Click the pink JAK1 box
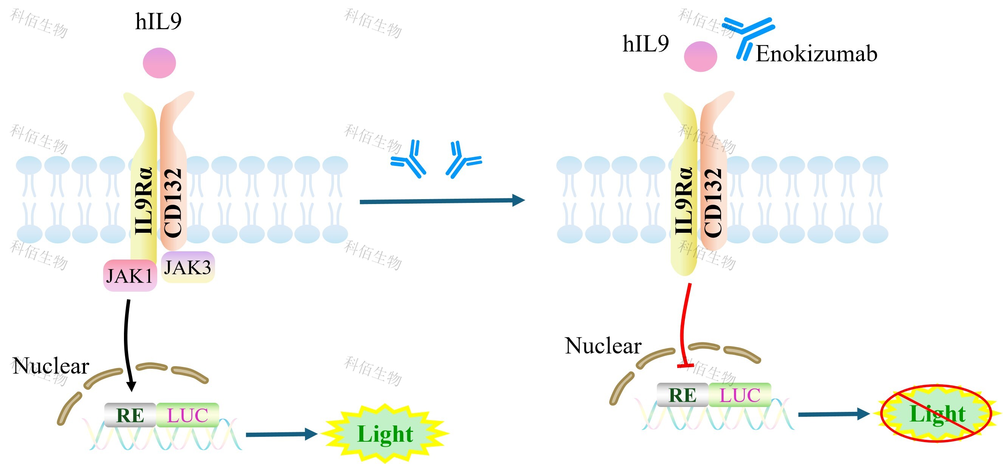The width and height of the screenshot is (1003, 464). (130, 275)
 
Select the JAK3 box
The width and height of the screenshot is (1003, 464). (188, 267)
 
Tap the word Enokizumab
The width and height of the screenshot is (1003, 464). (816, 54)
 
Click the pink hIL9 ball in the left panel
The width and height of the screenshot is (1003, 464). (159, 63)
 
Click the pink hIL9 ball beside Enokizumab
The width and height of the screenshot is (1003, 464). (700, 56)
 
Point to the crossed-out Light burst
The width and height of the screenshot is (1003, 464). (936, 413)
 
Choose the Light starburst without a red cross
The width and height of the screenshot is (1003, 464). (385, 434)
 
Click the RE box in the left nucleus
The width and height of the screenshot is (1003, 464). (130, 415)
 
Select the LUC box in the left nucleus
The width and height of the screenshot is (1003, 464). (188, 415)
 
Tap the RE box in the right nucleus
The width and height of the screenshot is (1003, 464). (682, 395)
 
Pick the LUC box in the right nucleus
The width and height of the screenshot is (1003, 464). (740, 395)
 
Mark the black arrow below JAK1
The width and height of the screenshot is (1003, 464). (127, 343)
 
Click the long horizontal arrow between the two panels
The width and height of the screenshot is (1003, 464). (442, 201)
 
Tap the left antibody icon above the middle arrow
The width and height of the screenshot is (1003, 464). (410, 159)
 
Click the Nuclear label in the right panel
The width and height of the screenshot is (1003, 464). (603, 346)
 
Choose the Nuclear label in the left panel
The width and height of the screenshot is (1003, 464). (51, 366)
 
